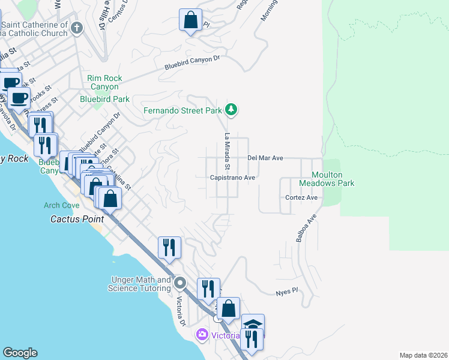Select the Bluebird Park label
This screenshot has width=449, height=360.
[106, 99]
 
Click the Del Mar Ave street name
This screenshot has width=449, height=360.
[265, 158]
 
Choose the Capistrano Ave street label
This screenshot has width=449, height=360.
[233, 178]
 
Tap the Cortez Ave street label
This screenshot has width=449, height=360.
[301, 197]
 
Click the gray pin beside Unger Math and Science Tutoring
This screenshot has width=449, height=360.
[180, 282]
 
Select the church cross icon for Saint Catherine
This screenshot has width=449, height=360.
[76, 28]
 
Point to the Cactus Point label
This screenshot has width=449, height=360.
[75, 219]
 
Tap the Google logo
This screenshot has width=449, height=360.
[20, 353]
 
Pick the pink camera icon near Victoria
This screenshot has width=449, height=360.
[202, 334]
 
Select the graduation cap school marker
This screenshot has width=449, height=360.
[253, 325]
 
